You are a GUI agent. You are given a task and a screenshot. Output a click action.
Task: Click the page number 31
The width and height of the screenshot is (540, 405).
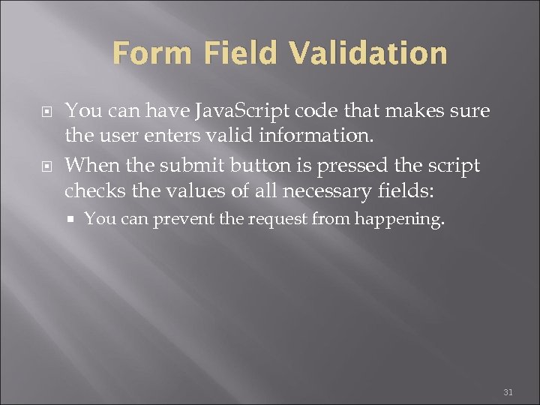[508, 391]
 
